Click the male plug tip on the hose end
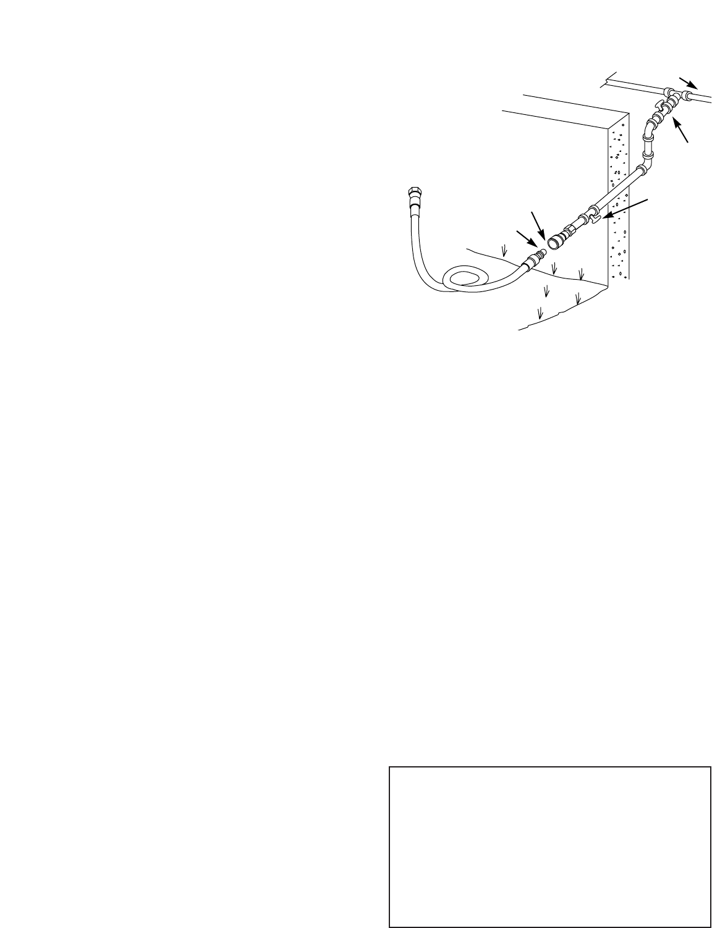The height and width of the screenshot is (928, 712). click(540, 254)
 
